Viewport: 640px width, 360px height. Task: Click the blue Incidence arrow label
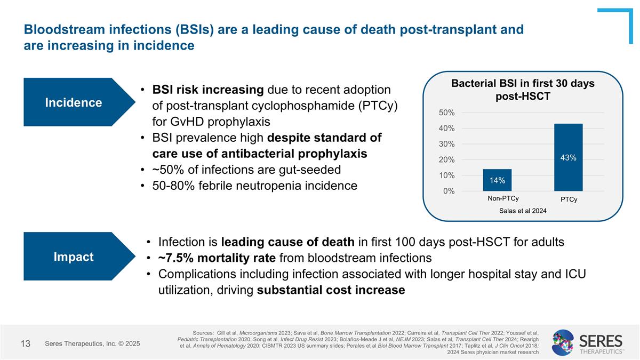click(74, 102)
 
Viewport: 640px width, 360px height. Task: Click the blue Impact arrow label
click(74, 257)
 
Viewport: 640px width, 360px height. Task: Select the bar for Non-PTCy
click(497, 180)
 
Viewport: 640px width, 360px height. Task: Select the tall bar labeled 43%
click(569, 157)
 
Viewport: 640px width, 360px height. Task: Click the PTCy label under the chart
click(569, 199)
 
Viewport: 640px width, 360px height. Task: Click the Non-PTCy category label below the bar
click(503, 198)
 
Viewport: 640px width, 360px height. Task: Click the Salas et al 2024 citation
click(523, 211)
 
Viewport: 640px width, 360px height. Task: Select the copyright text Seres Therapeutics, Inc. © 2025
click(92, 344)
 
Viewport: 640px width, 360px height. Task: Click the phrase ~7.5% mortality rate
click(217, 258)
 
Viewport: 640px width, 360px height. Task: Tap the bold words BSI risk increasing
click(208, 90)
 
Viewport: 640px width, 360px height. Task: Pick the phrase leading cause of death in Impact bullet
click(287, 242)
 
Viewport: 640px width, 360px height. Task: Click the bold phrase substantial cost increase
click(331, 290)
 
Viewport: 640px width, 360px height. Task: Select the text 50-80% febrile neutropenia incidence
click(254, 186)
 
